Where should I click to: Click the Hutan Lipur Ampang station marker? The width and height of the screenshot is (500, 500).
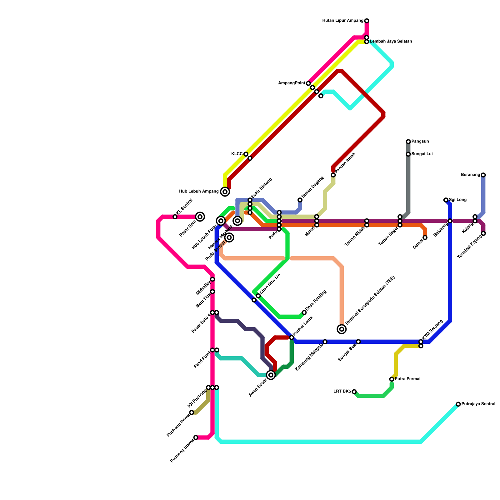pyautogui.click(x=367, y=21)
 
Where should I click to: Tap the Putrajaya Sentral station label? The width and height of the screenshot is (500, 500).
pyautogui.click(x=478, y=404)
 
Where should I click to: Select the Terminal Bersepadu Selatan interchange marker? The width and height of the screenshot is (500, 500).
pyautogui.click(x=342, y=329)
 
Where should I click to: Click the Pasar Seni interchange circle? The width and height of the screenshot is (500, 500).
pyautogui.click(x=200, y=217)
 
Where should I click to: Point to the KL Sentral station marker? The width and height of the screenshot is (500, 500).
pyautogui.click(x=175, y=217)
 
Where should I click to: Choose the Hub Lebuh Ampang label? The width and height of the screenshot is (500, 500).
pyautogui.click(x=199, y=191)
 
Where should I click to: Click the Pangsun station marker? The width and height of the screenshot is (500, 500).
pyautogui.click(x=408, y=142)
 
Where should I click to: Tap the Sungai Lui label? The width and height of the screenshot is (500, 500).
pyautogui.click(x=422, y=154)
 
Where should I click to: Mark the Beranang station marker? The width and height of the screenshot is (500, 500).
pyautogui.click(x=483, y=175)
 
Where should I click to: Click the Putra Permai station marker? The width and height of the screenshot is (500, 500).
pyautogui.click(x=392, y=379)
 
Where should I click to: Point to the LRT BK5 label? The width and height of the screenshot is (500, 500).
pyautogui.click(x=342, y=391)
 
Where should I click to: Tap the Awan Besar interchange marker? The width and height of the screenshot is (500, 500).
pyautogui.click(x=271, y=375)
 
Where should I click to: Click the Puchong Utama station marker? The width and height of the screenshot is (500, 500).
pyautogui.click(x=196, y=437)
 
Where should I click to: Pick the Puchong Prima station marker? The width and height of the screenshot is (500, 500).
pyautogui.click(x=192, y=412)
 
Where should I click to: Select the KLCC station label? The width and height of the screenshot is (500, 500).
pyautogui.click(x=237, y=154)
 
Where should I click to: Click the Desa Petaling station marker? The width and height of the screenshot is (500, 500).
pyautogui.click(x=304, y=312)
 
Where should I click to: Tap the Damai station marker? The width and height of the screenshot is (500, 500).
pyautogui.click(x=425, y=237)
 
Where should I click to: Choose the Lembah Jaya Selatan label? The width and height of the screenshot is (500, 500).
pyautogui.click(x=391, y=42)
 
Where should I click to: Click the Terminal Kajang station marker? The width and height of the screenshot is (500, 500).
pyautogui.click(x=483, y=233)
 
